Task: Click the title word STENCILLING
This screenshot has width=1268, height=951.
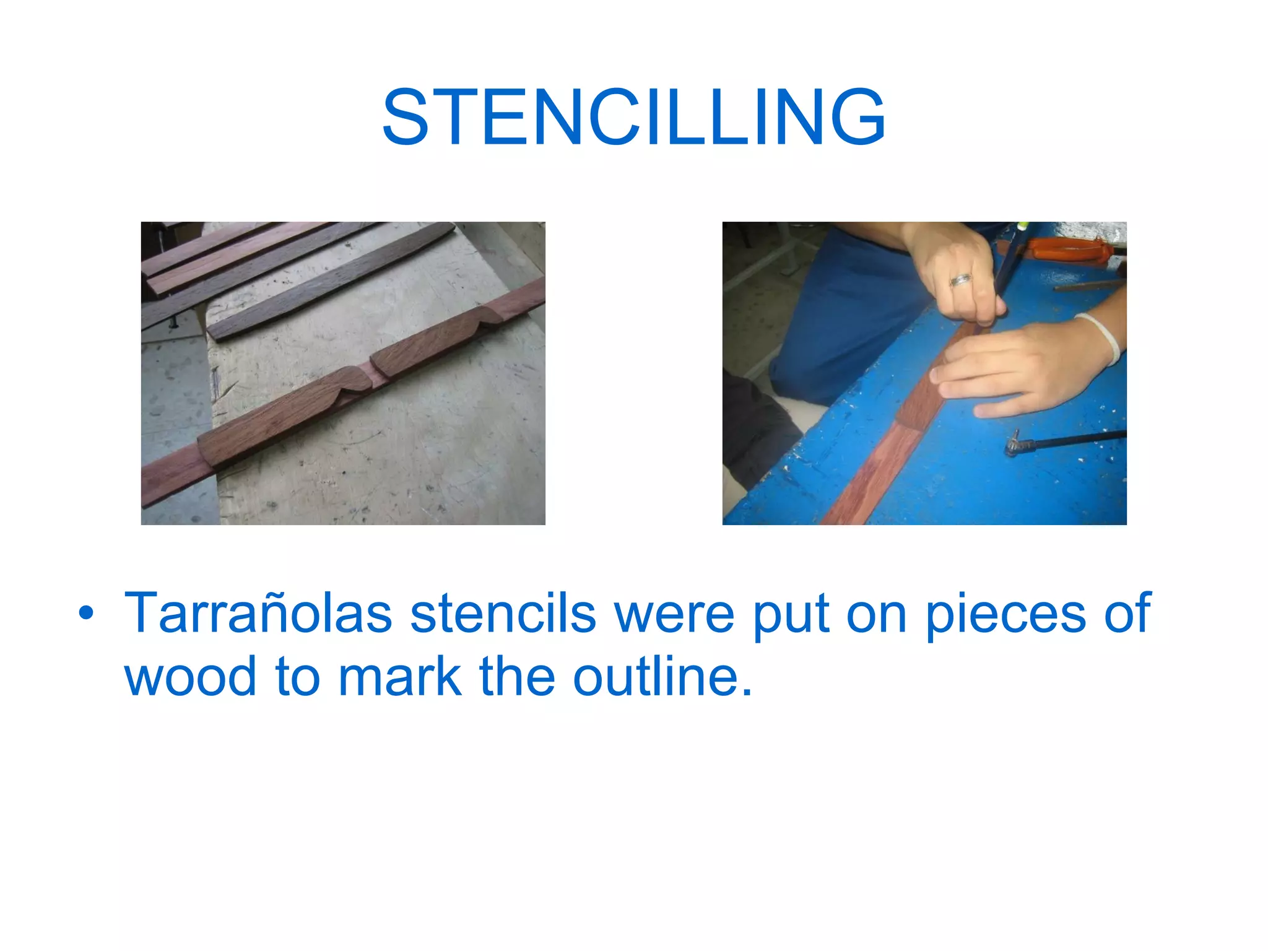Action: [634, 118]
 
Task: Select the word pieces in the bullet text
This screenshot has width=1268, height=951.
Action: [1005, 614]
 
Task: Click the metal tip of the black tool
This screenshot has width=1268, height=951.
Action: [1014, 444]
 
